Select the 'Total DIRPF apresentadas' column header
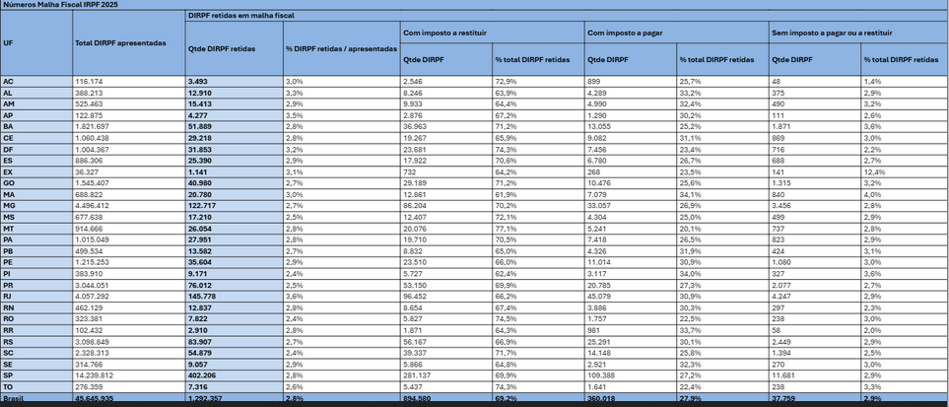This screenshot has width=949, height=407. pyautogui.click(x=120, y=43)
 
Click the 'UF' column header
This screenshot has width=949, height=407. pyautogui.click(x=9, y=43)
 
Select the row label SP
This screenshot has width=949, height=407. pyautogui.click(x=9, y=375)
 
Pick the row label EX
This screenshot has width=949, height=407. pyautogui.click(x=9, y=172)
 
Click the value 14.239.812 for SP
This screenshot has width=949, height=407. pyautogui.click(x=95, y=375)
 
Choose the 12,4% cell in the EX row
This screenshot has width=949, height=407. pyautogui.click(x=875, y=172)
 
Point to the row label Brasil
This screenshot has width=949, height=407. pyautogui.click(x=15, y=400)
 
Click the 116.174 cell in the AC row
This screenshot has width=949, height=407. pyautogui.click(x=89, y=80)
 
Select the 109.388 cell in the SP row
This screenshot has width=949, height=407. pyautogui.click(x=604, y=375)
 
